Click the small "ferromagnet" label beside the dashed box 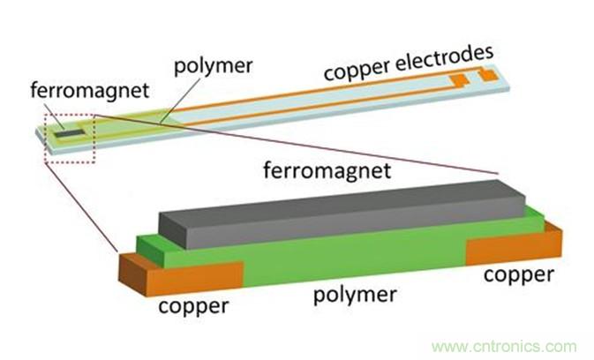coord(75,89)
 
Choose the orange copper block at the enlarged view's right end coord(512,248)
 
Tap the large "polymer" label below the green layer coord(354,294)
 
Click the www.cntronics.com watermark coord(499,346)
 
